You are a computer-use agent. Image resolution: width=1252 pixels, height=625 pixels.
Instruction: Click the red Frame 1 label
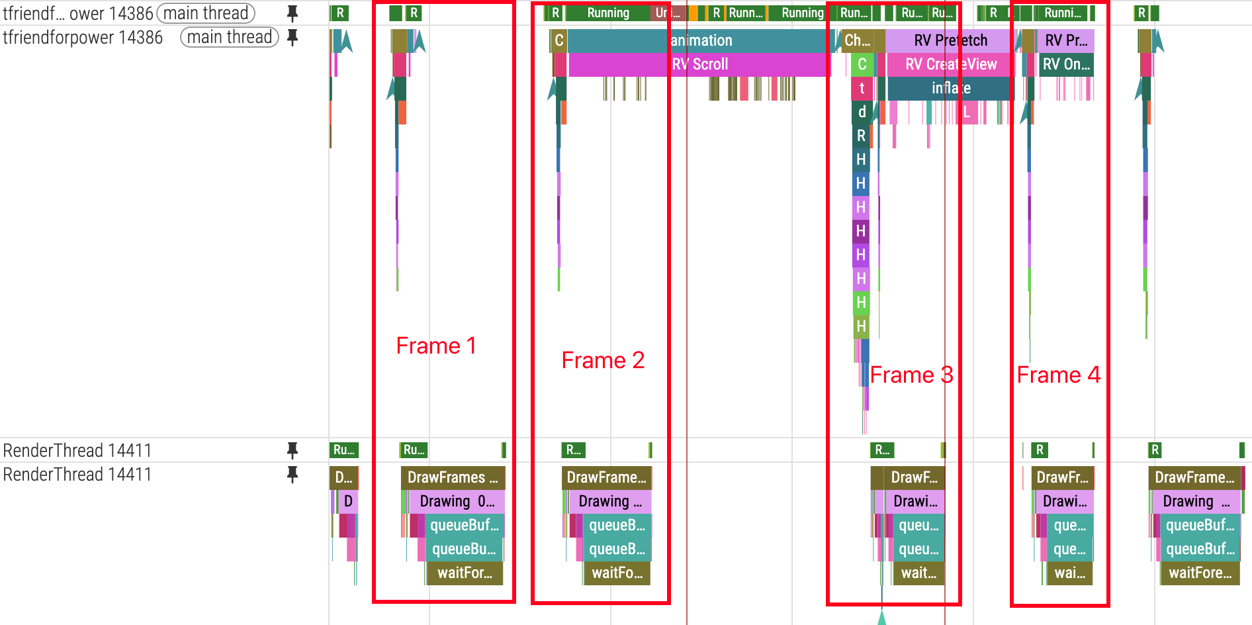click(x=436, y=346)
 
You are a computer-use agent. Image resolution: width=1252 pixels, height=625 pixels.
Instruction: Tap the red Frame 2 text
click(x=603, y=360)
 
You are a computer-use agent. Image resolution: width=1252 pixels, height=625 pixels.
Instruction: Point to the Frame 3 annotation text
click(x=911, y=375)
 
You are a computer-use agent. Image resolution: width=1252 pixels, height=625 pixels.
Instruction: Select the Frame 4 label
click(x=1058, y=375)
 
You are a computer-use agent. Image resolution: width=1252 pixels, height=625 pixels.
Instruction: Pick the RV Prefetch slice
click(x=950, y=40)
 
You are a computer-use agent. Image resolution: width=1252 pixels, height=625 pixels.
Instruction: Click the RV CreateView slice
click(x=950, y=64)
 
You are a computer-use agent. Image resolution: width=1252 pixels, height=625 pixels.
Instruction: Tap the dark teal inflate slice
click(x=950, y=88)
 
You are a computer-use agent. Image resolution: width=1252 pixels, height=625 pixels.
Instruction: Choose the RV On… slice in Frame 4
click(x=1066, y=64)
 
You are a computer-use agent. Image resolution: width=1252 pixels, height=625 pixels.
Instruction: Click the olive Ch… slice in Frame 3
click(x=858, y=40)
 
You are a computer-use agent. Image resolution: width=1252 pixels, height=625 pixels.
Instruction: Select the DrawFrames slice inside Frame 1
click(x=453, y=477)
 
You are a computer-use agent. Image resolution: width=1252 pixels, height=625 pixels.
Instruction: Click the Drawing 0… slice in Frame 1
click(x=457, y=501)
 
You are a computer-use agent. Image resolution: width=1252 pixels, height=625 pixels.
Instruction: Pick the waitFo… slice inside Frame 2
click(x=617, y=573)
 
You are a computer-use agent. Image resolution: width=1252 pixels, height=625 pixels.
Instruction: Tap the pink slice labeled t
click(x=862, y=88)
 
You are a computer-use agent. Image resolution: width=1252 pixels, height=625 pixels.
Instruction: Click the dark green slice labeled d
click(x=862, y=112)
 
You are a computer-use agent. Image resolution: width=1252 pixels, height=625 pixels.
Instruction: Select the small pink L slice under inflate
click(x=967, y=112)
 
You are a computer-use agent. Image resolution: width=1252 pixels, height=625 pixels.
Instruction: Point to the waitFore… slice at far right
click(x=1200, y=573)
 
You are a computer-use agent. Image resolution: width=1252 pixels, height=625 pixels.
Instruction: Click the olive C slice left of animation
click(x=559, y=40)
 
